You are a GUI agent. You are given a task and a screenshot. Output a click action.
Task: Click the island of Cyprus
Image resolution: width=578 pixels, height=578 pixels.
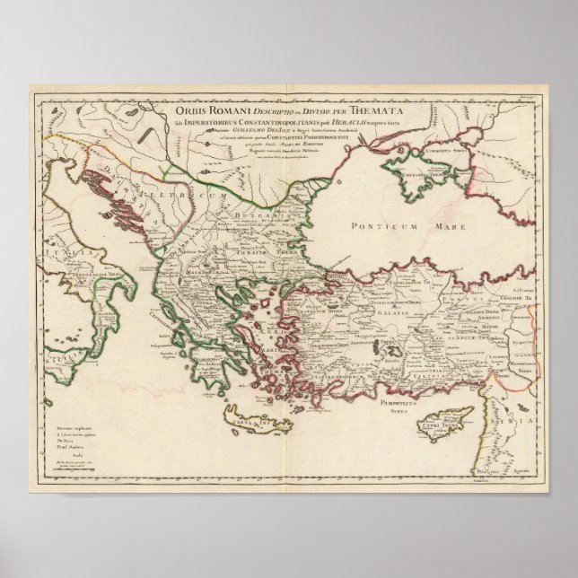pyautogui.click(x=450, y=419)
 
